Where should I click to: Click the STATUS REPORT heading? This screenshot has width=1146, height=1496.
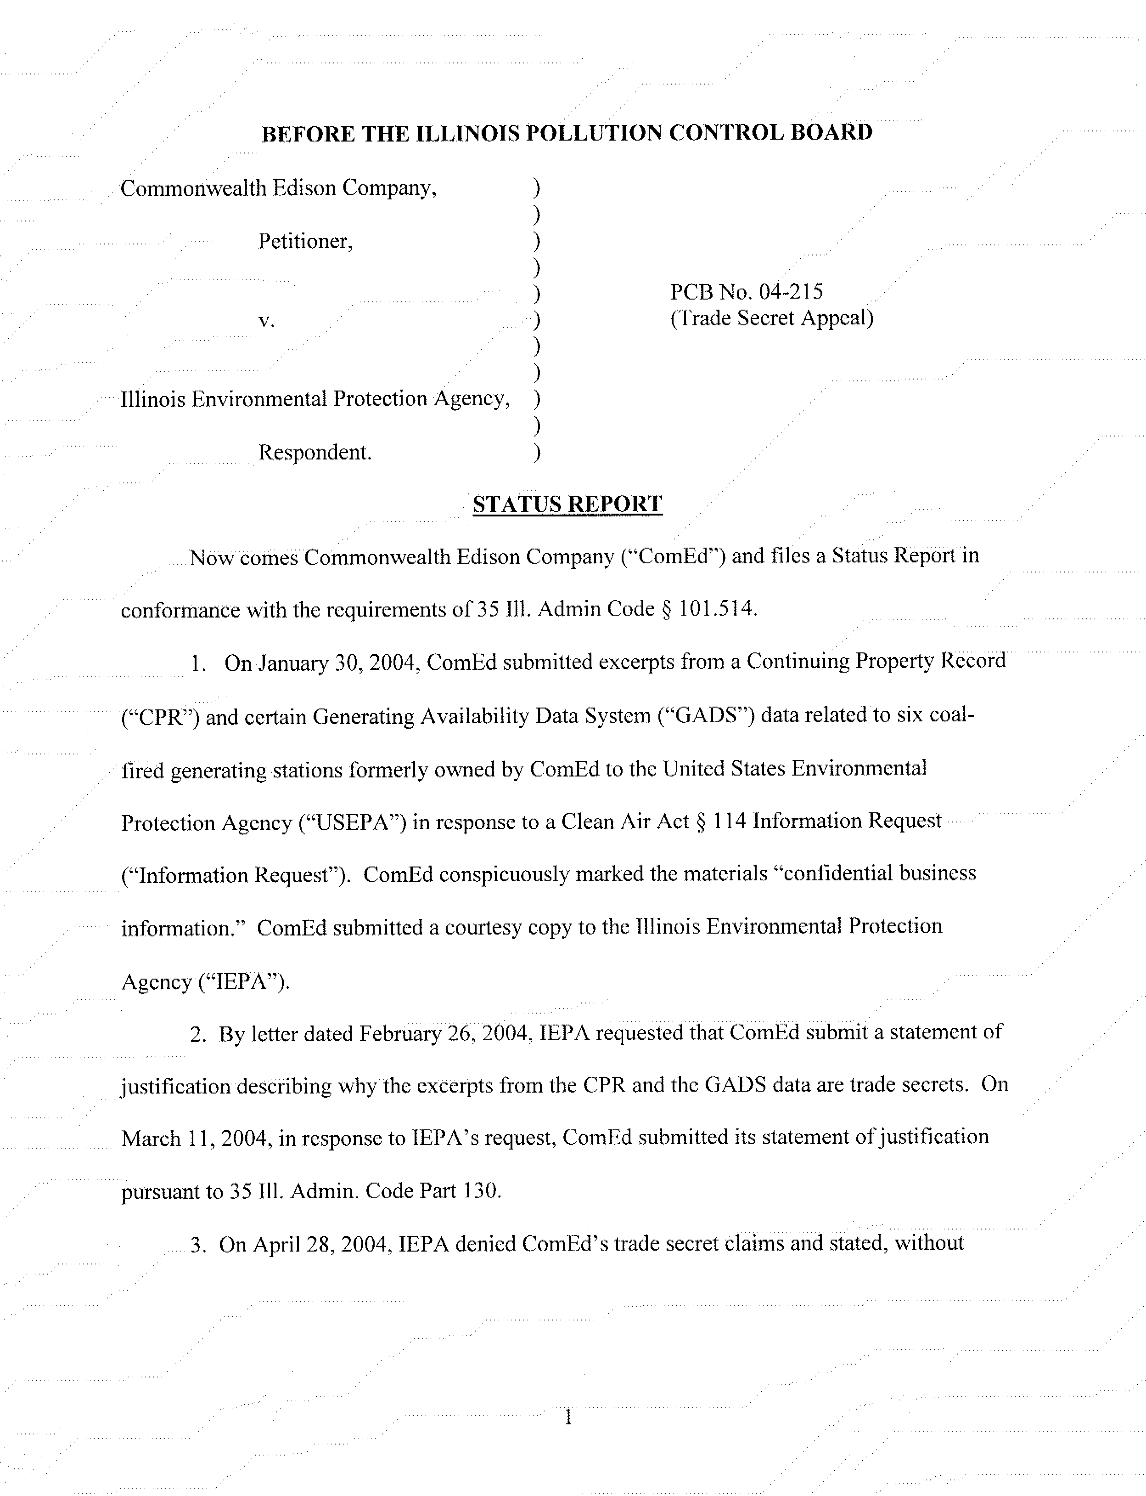click(567, 504)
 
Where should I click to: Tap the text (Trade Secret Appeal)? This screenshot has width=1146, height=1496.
click(771, 318)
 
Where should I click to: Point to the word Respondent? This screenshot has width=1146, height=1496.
click(315, 453)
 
